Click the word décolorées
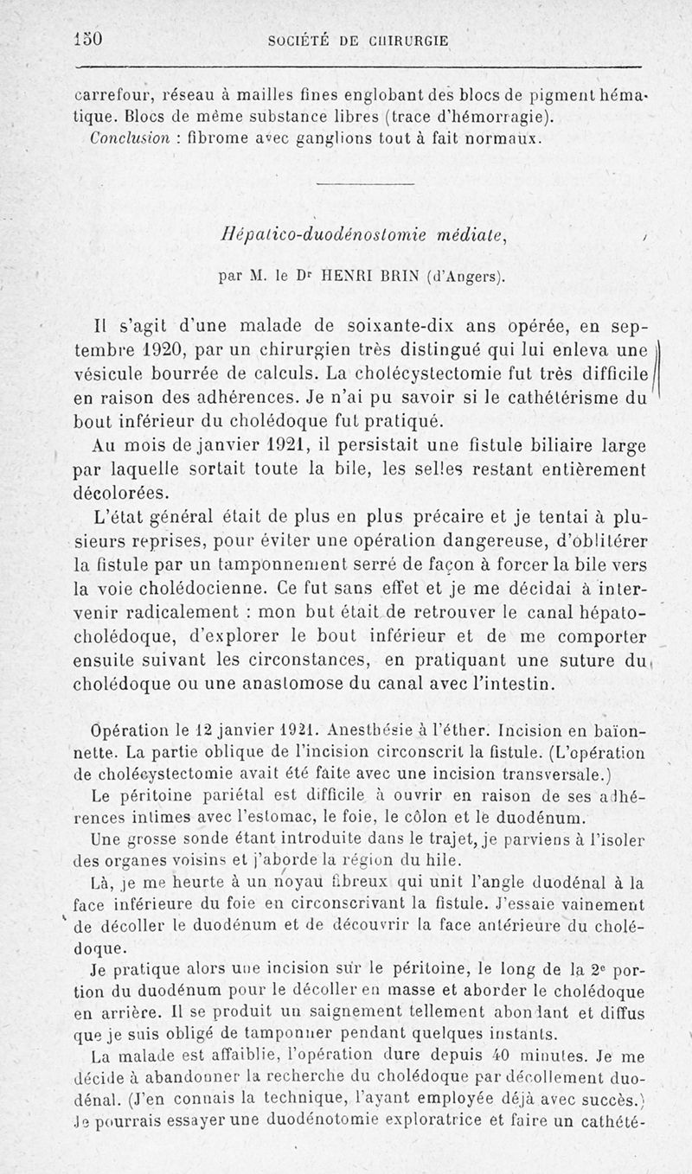121,494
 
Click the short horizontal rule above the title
366,184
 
